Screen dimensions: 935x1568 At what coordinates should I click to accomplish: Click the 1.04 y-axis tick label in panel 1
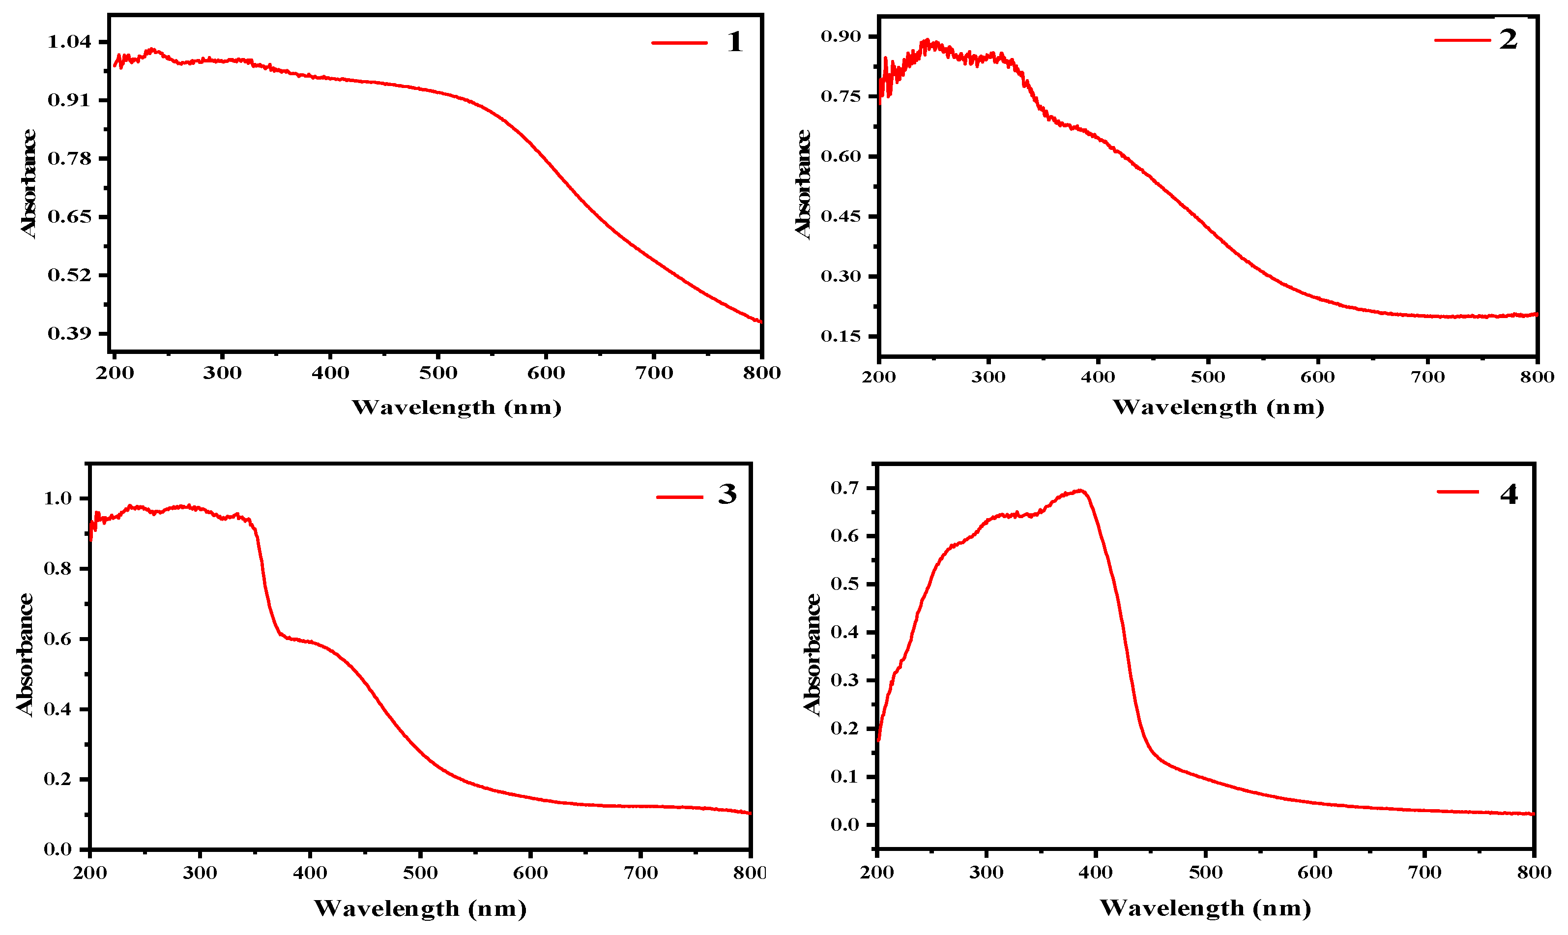point(69,42)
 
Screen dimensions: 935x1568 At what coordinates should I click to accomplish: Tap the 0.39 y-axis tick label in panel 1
point(69,333)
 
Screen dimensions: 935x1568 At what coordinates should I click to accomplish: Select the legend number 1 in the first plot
point(734,42)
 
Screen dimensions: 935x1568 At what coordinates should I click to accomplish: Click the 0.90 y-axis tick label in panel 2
point(841,36)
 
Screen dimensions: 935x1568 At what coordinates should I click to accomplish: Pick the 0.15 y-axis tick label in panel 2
point(841,336)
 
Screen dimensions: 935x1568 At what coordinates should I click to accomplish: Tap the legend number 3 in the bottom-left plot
point(727,495)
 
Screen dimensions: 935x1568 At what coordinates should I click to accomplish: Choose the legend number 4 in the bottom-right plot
point(1508,495)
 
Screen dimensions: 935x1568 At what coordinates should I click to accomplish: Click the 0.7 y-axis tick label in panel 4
point(844,488)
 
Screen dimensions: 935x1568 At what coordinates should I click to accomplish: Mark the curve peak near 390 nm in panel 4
point(1080,490)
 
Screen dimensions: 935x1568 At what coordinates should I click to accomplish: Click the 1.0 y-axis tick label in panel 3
point(58,498)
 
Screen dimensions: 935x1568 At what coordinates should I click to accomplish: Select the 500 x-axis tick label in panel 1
point(438,373)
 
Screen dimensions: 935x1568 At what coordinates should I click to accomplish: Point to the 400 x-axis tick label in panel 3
point(310,873)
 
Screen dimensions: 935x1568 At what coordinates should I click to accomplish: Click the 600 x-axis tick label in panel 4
point(1315,873)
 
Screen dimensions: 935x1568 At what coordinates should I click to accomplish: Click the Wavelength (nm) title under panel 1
point(456,408)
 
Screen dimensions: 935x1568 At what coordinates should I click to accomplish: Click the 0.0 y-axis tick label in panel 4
point(844,825)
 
